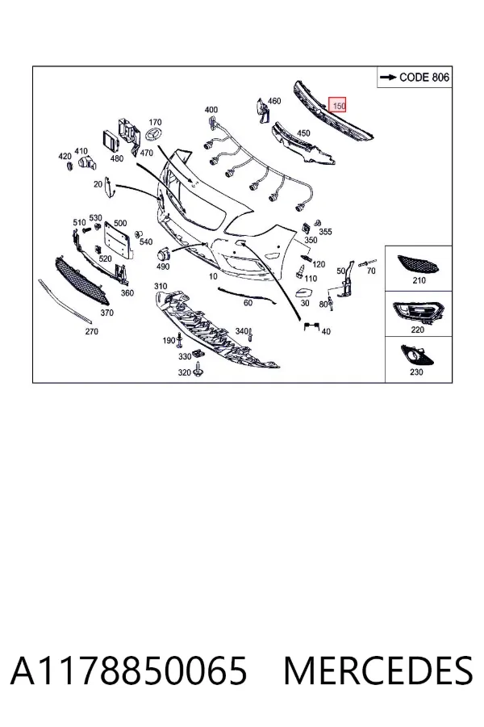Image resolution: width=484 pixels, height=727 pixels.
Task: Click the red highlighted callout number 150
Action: (x=337, y=106)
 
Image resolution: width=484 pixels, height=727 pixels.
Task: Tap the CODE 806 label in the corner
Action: (x=415, y=77)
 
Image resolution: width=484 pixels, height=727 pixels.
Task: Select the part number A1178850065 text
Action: (x=129, y=670)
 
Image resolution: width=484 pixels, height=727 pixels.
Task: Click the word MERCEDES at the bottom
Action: (x=378, y=670)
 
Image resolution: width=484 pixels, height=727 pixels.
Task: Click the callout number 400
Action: (x=211, y=110)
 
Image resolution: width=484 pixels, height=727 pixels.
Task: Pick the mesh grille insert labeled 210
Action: (x=418, y=265)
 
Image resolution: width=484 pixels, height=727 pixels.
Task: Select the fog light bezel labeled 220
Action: (x=418, y=313)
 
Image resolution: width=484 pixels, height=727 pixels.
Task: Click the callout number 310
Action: (x=161, y=286)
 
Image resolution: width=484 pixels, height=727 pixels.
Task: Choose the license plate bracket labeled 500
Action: (x=118, y=240)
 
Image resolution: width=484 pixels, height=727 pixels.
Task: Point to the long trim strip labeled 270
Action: (x=65, y=301)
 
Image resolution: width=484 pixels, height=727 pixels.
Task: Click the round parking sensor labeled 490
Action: (x=163, y=255)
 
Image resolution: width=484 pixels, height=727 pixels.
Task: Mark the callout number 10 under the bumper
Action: (x=213, y=276)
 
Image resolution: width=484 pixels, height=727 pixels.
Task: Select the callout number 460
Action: (x=274, y=101)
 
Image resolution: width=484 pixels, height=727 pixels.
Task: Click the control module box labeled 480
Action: (x=111, y=141)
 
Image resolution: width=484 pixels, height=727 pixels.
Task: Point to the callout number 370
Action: (x=106, y=313)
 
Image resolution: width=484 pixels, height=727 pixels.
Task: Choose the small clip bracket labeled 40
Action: (x=311, y=326)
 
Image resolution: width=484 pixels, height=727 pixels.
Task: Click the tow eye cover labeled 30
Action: (x=304, y=293)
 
